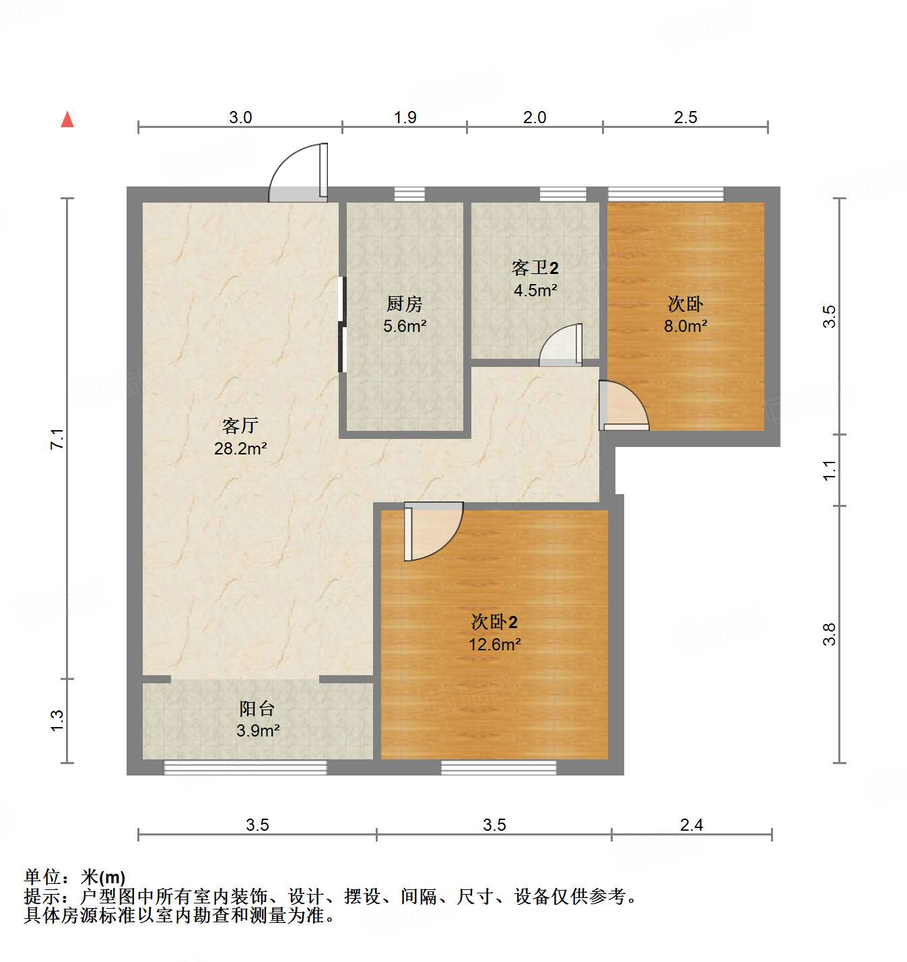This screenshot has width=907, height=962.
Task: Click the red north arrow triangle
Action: point(67,119)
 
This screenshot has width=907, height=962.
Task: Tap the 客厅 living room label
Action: point(240,425)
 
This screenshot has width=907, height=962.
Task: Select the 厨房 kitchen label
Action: point(404,304)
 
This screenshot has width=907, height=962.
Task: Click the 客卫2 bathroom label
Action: point(535,268)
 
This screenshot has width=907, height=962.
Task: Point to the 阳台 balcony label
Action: point(257,708)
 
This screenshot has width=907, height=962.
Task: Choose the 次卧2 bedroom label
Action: point(494,621)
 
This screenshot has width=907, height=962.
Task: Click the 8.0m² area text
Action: point(685,326)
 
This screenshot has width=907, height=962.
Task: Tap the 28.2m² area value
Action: point(240,448)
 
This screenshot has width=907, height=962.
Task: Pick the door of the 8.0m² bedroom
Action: point(624,406)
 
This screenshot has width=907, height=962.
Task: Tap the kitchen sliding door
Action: point(342,324)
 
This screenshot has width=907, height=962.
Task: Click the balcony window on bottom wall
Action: point(245,767)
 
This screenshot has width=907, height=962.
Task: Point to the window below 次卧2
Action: point(498,767)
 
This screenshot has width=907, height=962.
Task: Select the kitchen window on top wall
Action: point(409,194)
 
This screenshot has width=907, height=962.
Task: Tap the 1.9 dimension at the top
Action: point(405,117)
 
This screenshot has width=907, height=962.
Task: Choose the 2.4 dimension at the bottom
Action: point(692,825)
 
